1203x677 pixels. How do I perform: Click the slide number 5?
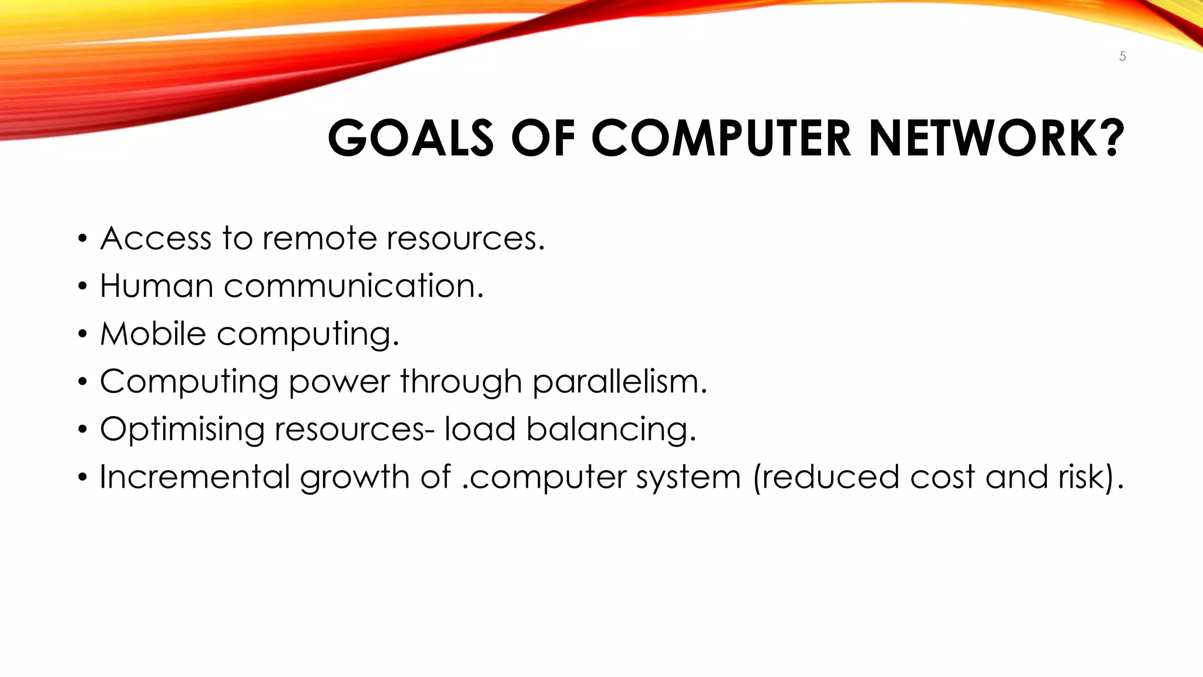point(1122,56)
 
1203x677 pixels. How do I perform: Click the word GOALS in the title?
point(410,139)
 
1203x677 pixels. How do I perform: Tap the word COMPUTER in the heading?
point(720,139)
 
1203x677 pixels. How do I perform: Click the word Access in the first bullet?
point(156,239)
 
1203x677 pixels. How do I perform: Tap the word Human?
point(156,286)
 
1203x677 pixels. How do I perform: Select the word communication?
point(353,286)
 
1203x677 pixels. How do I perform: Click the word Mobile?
point(153,334)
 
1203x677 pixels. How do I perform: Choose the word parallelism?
point(619,382)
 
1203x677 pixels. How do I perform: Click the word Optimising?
point(182,430)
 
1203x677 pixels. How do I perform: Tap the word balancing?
point(610,430)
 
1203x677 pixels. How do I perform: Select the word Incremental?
point(194,477)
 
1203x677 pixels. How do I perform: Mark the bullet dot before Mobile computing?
point(83,334)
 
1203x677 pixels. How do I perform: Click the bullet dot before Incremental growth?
point(83,477)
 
